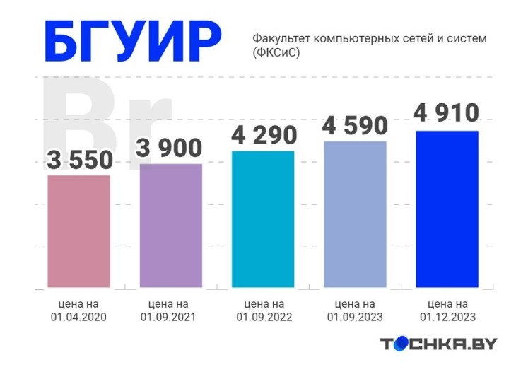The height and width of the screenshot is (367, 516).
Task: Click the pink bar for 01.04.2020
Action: (x=78, y=231)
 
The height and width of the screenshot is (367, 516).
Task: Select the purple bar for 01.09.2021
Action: (x=171, y=226)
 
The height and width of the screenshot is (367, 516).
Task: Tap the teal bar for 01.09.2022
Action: (x=263, y=219)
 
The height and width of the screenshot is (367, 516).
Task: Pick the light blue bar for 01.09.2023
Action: (x=355, y=214)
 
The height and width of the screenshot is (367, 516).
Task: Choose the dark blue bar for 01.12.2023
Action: (x=447, y=209)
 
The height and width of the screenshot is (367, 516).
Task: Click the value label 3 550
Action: (x=78, y=161)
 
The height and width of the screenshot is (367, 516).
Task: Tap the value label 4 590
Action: (x=355, y=126)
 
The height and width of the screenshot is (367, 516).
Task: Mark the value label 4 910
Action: (x=447, y=113)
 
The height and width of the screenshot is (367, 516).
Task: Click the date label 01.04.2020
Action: (x=78, y=317)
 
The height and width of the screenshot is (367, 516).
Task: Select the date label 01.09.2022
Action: (x=263, y=317)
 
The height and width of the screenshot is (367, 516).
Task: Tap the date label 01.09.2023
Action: (x=355, y=317)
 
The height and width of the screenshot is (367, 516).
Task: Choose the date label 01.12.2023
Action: (x=447, y=317)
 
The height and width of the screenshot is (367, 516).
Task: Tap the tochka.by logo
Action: (x=438, y=344)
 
